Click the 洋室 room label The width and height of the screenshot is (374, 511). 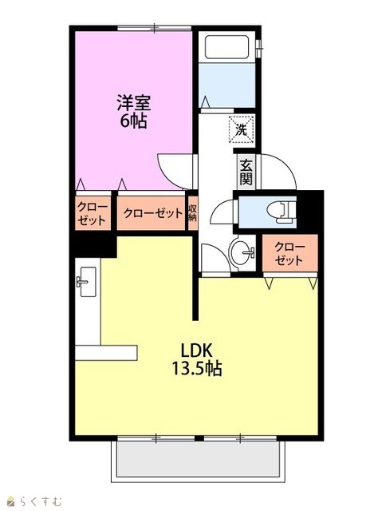tap(133, 102)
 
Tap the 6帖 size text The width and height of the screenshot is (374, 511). tap(133, 121)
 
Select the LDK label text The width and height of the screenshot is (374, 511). tap(197, 351)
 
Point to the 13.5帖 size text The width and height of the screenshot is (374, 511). tap(197, 369)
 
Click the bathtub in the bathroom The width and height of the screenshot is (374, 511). tap(227, 47)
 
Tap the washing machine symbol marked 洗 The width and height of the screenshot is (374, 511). tap(242, 129)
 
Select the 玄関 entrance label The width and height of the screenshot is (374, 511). tap(246, 173)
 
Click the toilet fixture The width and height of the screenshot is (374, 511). tap(281, 212)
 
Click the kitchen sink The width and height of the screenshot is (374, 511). tap(87, 282)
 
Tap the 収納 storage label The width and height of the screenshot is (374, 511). tap(193, 213)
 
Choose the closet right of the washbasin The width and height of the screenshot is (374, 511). tap(289, 253)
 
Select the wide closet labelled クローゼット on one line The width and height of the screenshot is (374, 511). tap(152, 213)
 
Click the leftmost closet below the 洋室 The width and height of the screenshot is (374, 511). tap(93, 213)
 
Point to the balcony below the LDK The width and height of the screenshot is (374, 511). tap(198, 461)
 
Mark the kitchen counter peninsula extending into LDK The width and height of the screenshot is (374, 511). tap(106, 353)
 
